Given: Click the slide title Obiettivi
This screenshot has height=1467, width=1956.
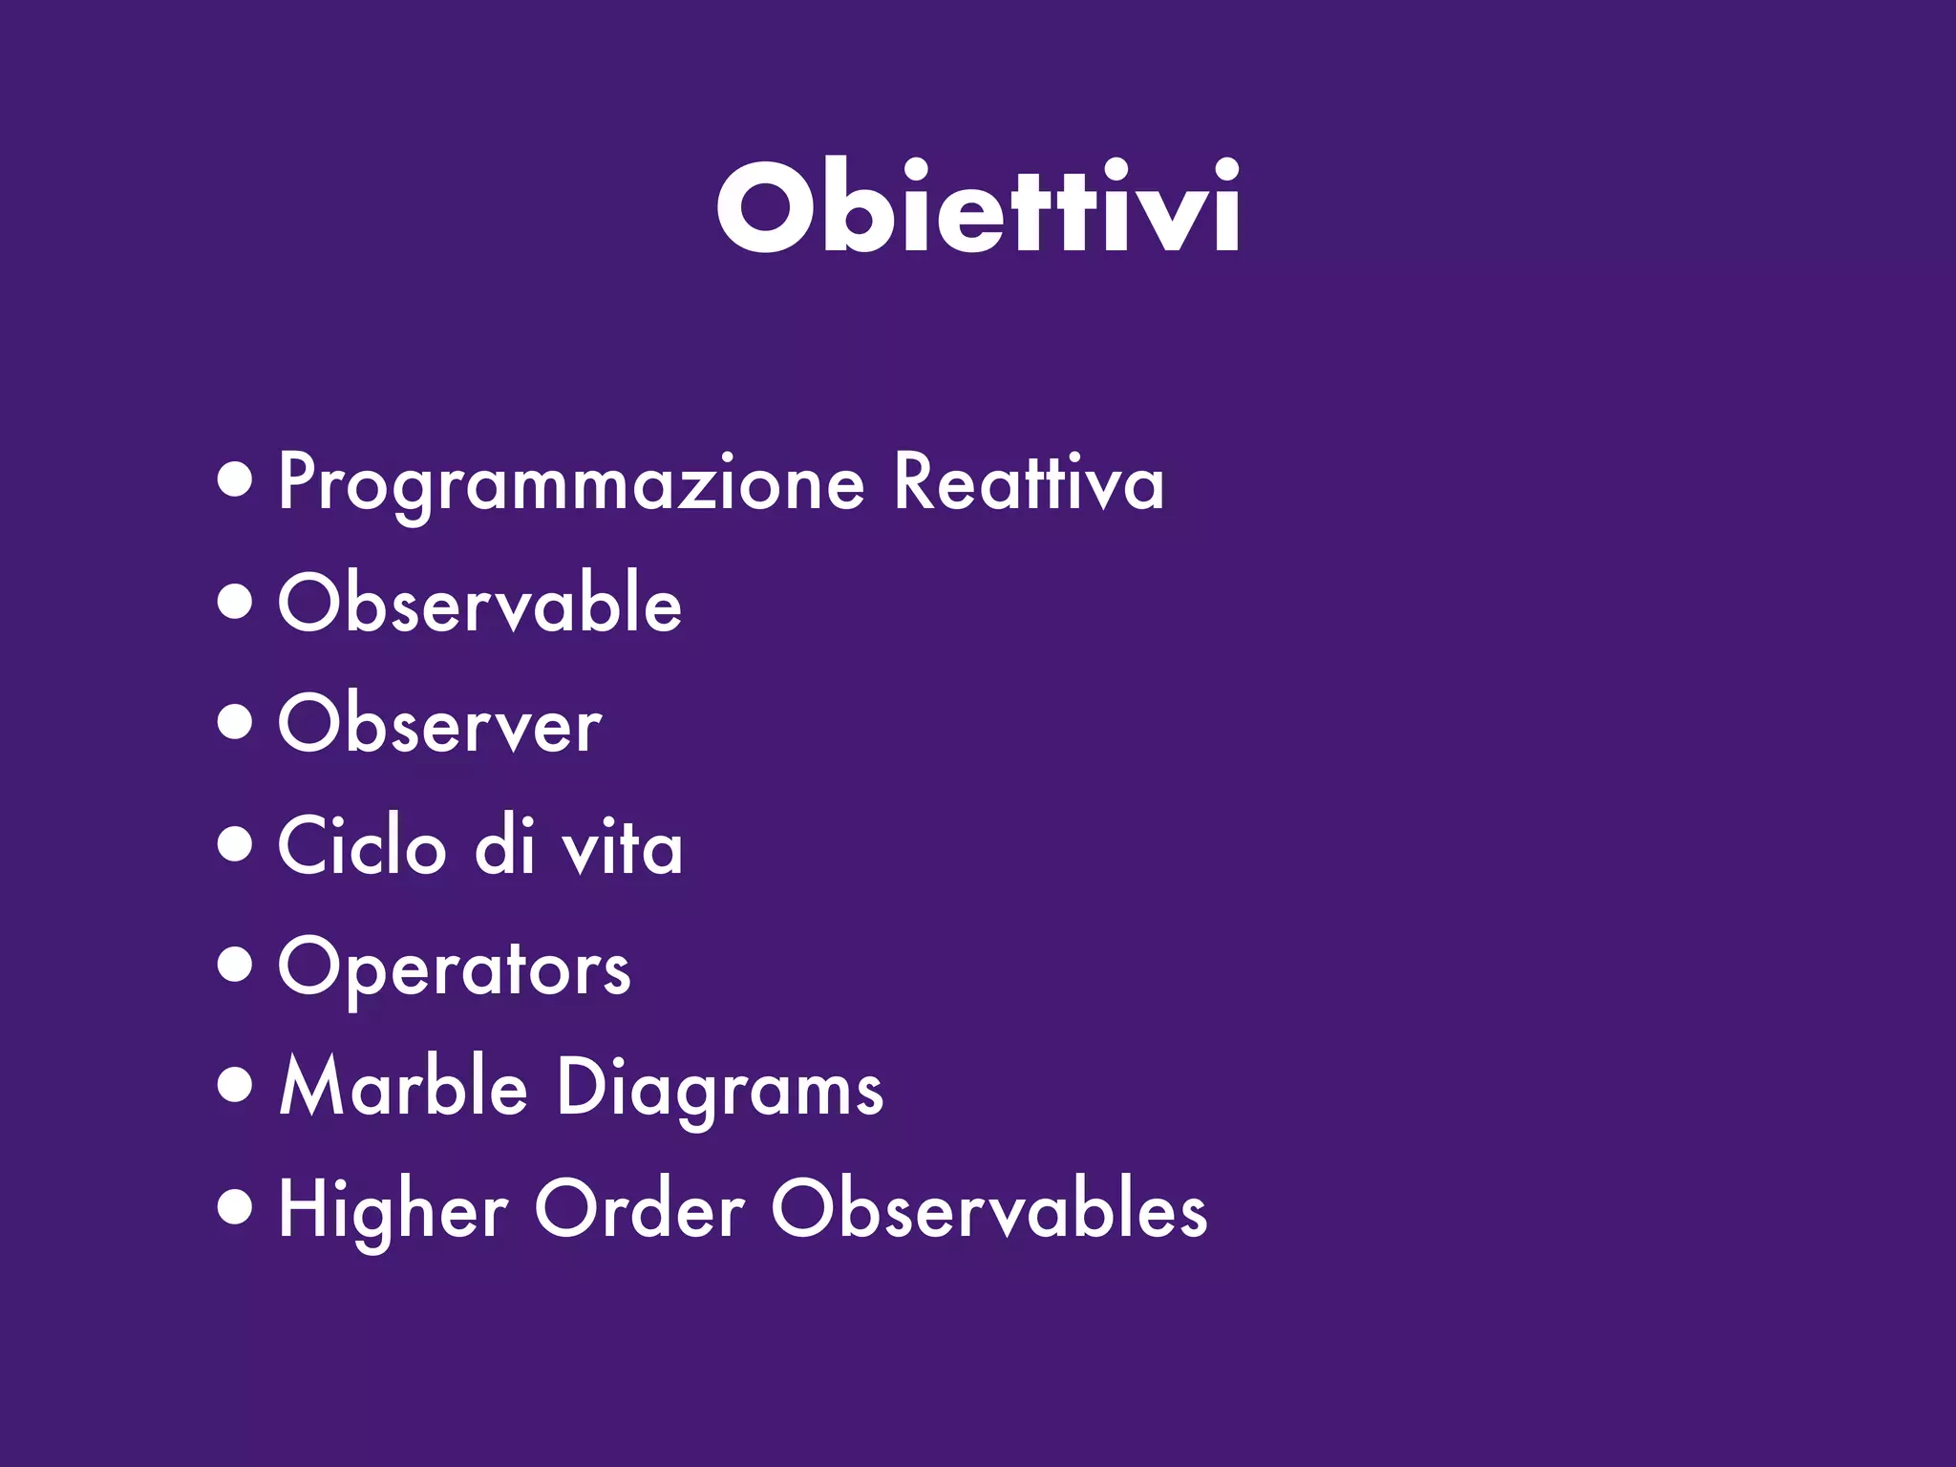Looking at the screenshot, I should tap(978, 207).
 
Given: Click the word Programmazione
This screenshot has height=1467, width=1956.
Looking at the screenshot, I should tap(571, 484).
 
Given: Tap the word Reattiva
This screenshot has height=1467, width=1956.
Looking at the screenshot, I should tap(1029, 482).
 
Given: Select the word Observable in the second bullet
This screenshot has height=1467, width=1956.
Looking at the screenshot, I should tap(479, 604).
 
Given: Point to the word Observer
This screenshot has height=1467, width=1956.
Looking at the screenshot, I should tap(440, 725).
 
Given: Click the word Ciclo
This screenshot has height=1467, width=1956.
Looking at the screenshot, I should tap(362, 846).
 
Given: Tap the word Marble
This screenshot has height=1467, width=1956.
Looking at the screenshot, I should tap(403, 1088).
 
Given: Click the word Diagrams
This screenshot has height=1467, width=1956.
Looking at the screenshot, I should tap(720, 1090).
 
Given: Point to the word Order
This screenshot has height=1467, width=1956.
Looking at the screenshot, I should tap(639, 1209).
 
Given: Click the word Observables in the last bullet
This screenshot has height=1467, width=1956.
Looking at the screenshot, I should tap(989, 1209).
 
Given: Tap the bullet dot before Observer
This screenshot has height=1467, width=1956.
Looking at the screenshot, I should tap(235, 723).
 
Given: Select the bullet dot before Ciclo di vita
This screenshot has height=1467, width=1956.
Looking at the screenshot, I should tap(235, 844).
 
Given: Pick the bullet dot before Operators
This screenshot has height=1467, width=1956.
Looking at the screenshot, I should tap(235, 965).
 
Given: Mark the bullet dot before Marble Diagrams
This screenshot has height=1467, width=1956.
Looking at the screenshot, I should tap(235, 1086).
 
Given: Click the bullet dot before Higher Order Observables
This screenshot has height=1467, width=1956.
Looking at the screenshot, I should tap(235, 1207).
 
